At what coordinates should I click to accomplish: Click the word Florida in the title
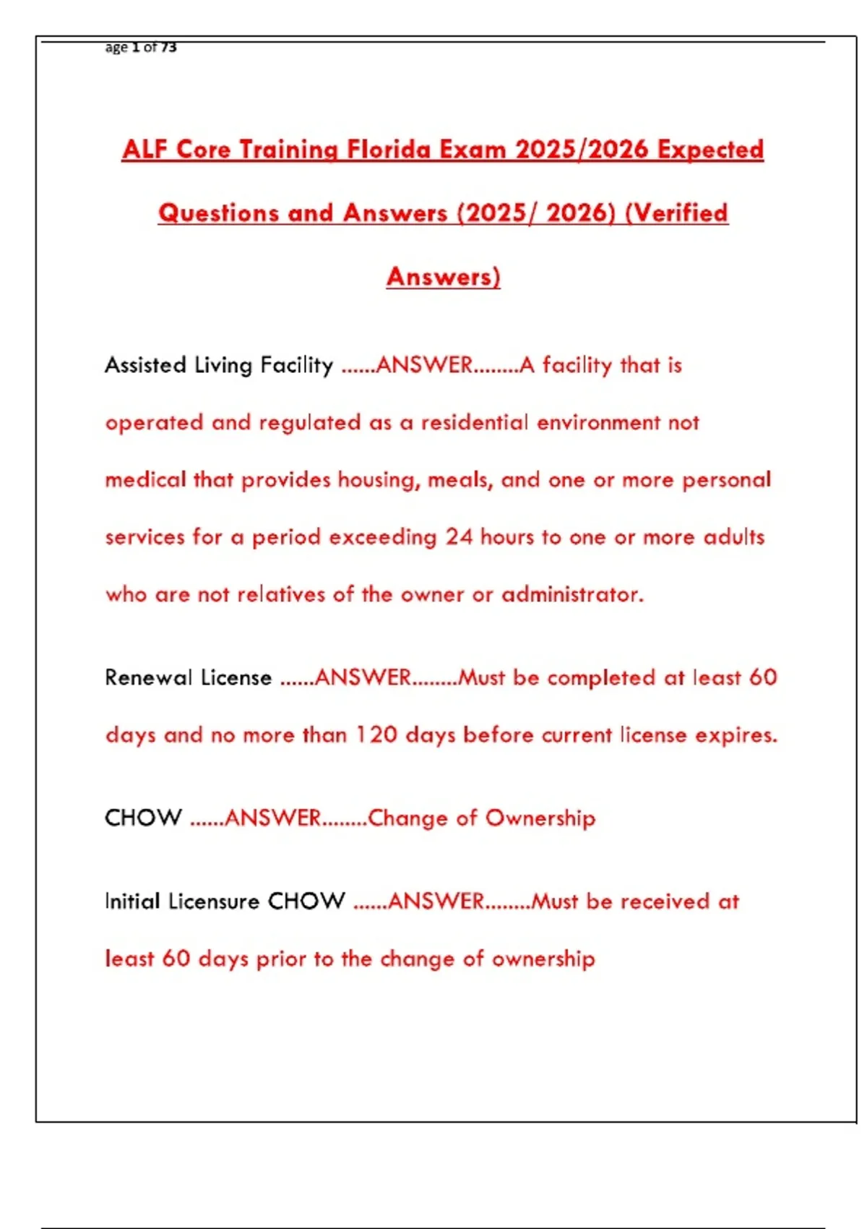(x=389, y=150)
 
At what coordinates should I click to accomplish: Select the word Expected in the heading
(x=710, y=150)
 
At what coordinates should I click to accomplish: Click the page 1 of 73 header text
(x=141, y=48)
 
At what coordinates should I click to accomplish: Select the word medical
(x=146, y=480)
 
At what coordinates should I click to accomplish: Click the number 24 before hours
(x=459, y=537)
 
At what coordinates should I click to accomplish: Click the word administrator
(x=572, y=594)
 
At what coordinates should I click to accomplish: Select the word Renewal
(x=149, y=678)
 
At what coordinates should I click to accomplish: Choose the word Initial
(x=132, y=902)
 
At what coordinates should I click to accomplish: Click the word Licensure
(x=214, y=902)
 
